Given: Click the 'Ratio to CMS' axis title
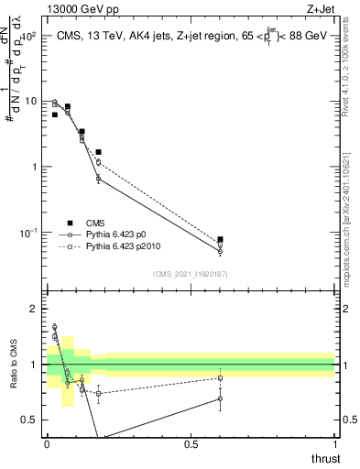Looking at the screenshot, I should (x=15, y=380).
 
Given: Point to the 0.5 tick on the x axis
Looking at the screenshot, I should (x=191, y=445).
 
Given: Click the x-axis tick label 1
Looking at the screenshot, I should (x=333, y=445).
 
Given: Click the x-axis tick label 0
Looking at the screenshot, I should (x=47, y=445).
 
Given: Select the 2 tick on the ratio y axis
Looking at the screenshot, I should (x=34, y=310).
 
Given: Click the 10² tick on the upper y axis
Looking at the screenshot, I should (x=30, y=36).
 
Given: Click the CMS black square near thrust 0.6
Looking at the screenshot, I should (x=220, y=240).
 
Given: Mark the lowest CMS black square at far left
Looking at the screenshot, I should (x=55, y=115).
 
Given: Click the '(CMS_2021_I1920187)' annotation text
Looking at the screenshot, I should (x=191, y=272).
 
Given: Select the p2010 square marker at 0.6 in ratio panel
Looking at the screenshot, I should (x=220, y=378).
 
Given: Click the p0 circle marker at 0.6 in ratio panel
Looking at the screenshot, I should (x=220, y=398).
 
